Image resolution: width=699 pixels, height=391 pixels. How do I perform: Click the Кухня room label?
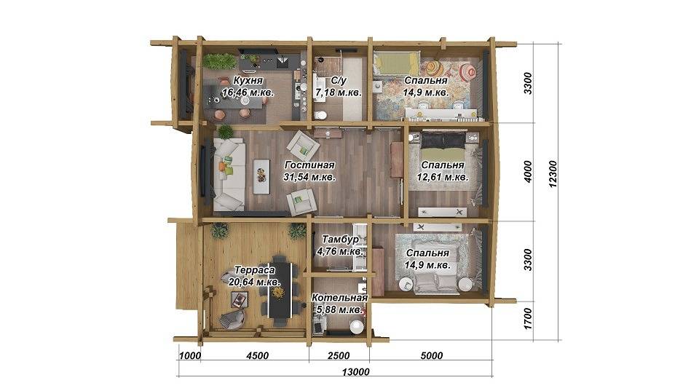click(x=248, y=81)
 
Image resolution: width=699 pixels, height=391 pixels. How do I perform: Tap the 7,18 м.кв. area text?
click(x=339, y=92)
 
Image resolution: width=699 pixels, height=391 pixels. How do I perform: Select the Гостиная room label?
click(x=309, y=165)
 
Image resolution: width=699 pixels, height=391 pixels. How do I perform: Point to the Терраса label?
click(x=255, y=270)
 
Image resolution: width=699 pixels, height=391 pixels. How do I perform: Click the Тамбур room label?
click(x=341, y=240)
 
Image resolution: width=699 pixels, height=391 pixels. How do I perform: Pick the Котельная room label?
click(x=339, y=297)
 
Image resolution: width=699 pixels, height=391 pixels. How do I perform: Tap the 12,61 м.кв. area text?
click(x=443, y=177)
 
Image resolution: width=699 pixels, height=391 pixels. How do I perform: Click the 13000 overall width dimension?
click(x=355, y=372)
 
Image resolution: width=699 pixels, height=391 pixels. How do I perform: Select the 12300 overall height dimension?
click(x=553, y=174)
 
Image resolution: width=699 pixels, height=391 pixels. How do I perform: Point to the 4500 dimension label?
click(x=258, y=356)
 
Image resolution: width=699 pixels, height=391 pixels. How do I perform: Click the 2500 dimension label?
click(x=339, y=356)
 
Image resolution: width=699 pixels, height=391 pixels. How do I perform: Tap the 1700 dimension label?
click(x=528, y=318)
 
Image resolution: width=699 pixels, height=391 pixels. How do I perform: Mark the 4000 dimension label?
click(x=528, y=172)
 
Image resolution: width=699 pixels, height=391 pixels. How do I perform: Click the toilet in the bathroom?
click(x=320, y=115)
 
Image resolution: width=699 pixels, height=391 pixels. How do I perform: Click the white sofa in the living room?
click(x=229, y=174)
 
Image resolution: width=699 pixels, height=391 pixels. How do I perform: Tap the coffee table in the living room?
click(x=261, y=176)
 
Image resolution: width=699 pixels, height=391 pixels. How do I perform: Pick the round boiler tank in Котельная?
click(x=357, y=327)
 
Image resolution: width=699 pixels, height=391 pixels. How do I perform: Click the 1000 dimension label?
click(x=190, y=356)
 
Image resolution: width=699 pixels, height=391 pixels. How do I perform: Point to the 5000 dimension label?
click(x=432, y=356)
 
